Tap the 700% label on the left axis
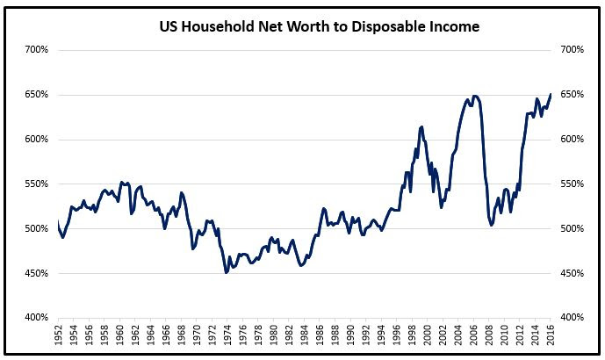tap(37, 49)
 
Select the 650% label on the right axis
tap(572, 95)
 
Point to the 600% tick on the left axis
tap(37, 140)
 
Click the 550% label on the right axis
tap(572, 184)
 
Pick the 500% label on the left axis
tap(37, 229)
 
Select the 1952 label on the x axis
tap(58, 337)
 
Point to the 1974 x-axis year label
tap(227, 337)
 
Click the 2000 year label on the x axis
tap(428, 337)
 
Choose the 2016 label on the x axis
tap(551, 337)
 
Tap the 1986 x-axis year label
tap(320, 337)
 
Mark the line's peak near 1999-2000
tap(422, 126)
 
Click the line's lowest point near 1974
tap(227, 272)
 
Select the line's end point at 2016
tap(551, 94)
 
